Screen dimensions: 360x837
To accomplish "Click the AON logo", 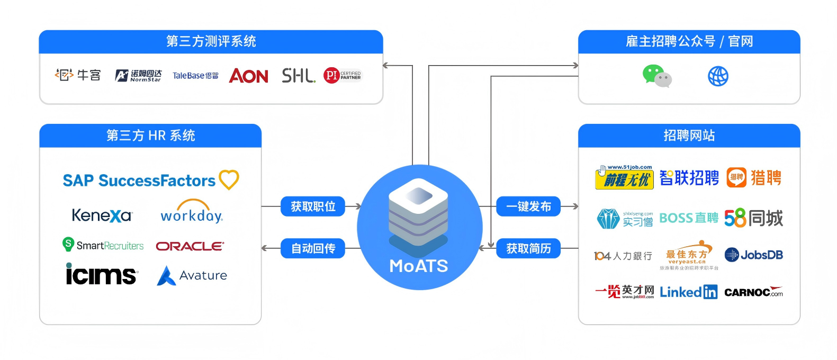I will point(248,76).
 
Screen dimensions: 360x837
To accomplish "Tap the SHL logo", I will point(298,76).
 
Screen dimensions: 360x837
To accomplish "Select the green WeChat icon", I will point(656,76).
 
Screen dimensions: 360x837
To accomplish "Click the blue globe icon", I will point(718,76).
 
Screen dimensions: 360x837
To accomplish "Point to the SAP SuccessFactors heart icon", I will point(229,179).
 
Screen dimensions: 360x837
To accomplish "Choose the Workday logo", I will point(192,212).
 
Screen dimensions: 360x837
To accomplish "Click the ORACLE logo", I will point(190,246).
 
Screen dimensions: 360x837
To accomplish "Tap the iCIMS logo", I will point(101,274).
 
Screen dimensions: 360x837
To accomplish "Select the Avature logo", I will point(192,275).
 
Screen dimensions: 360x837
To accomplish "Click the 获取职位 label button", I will point(313,206).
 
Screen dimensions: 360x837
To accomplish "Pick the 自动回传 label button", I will point(313,248).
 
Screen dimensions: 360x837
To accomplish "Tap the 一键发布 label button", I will point(528,206).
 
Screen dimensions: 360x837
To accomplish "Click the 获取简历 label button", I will point(528,248).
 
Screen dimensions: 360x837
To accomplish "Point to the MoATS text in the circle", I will point(419,266).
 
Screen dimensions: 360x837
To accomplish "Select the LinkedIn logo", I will point(688,292).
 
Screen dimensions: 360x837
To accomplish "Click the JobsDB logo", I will point(753,255).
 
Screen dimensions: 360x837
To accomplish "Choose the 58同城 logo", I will point(753,218).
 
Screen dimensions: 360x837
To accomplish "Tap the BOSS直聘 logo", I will point(688,218).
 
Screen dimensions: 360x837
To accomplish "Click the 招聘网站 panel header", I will point(689,136).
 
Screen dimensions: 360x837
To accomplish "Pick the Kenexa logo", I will point(102,215).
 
